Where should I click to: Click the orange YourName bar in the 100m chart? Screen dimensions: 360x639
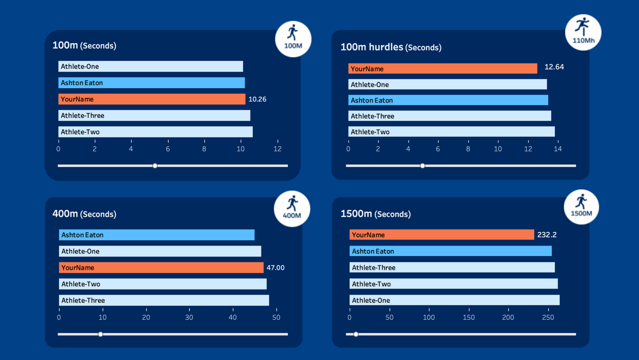(152, 99)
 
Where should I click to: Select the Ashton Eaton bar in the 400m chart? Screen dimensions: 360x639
(156, 235)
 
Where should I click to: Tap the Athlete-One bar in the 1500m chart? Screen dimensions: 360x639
(454, 300)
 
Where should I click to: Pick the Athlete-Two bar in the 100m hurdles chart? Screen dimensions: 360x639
(451, 132)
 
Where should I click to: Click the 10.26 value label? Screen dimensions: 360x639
(257, 99)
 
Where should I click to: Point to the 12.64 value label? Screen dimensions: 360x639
(554, 67)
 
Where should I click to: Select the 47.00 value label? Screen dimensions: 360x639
(275, 268)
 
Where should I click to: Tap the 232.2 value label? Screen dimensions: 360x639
(547, 235)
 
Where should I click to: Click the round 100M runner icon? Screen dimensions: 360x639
(293, 39)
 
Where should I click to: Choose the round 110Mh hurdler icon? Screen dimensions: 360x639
(583, 32)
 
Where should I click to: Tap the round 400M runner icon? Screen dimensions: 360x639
(292, 208)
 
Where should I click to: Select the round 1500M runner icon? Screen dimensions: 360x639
(581, 207)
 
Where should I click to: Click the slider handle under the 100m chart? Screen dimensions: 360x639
(155, 166)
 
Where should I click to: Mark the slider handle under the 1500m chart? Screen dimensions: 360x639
(356, 334)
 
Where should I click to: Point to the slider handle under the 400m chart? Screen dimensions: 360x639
(101, 334)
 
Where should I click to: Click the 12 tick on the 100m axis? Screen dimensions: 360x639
(277, 149)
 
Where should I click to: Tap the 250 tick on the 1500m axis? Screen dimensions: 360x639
(548, 317)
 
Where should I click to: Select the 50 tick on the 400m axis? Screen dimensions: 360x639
(276, 317)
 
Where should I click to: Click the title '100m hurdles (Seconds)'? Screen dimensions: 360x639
(391, 47)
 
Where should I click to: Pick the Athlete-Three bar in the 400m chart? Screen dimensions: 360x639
(164, 300)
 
